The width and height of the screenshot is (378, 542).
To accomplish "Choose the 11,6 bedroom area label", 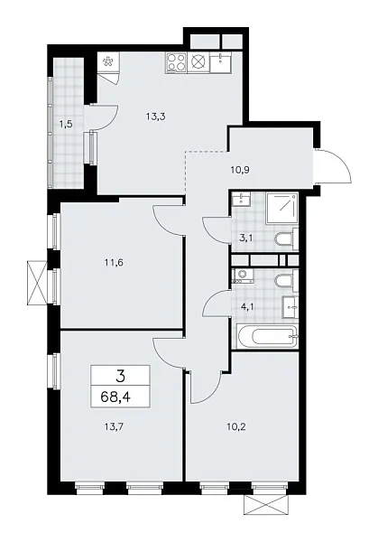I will (x=114, y=263).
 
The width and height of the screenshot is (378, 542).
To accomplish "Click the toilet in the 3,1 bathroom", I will (x=284, y=239).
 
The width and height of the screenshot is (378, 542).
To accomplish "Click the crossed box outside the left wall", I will (x=38, y=281).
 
